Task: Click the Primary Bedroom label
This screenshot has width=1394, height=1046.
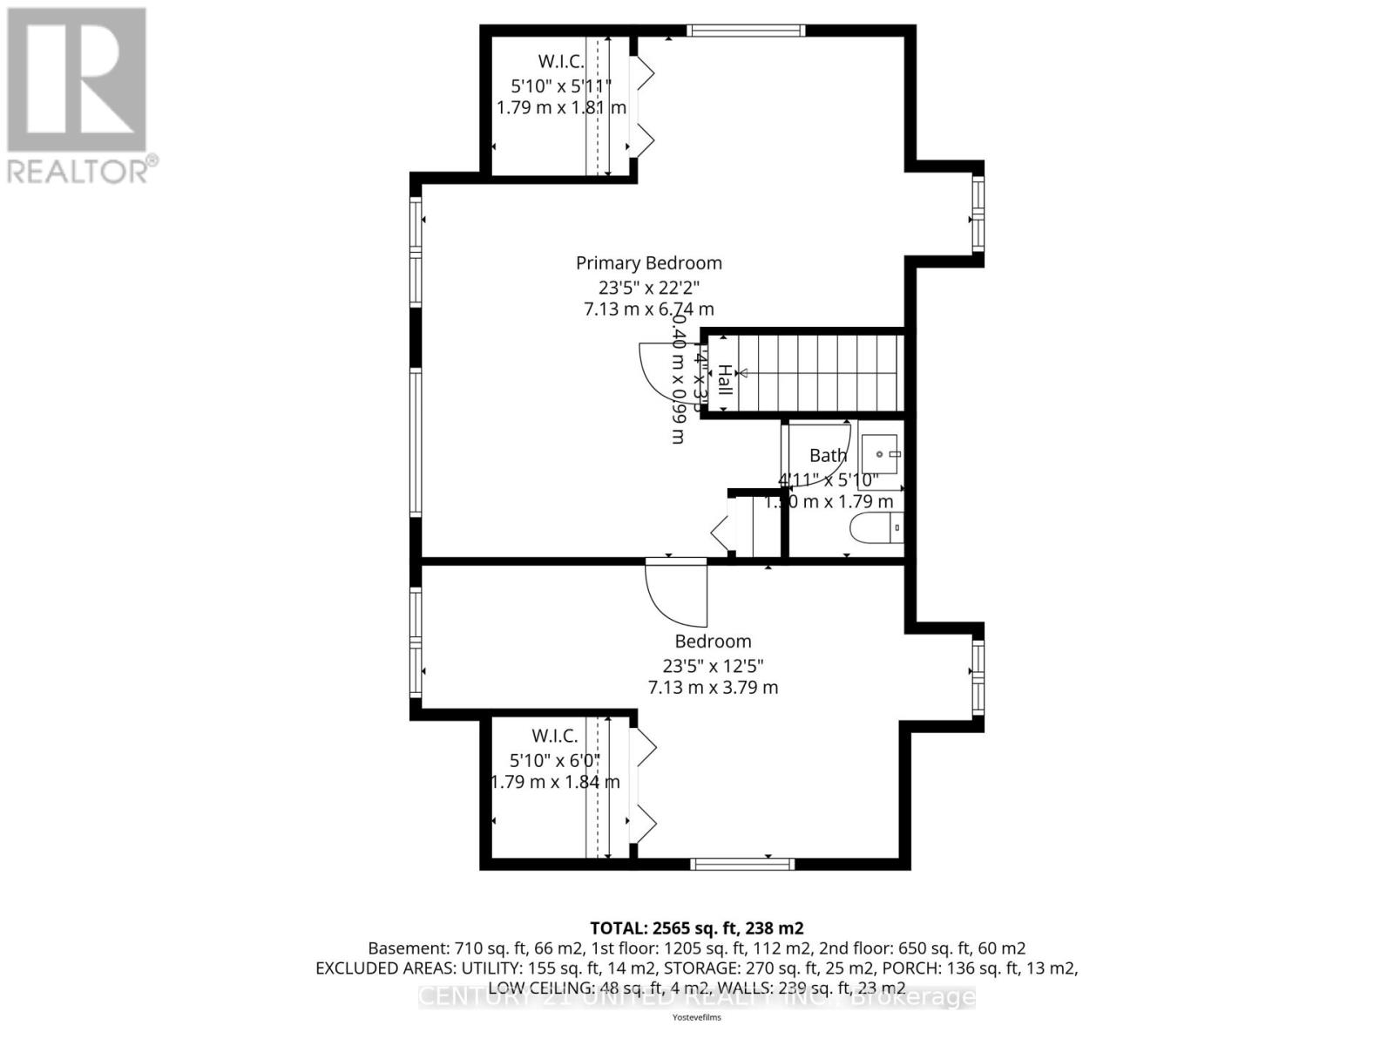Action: point(648,262)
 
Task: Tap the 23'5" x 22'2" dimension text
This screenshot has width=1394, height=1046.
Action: point(648,286)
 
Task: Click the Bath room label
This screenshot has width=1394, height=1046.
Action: point(828,455)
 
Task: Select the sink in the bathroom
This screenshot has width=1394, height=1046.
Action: point(881,454)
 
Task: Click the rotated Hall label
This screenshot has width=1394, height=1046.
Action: point(724,381)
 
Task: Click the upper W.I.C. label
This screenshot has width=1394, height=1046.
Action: point(560,61)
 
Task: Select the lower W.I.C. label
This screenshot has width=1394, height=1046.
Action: point(555,736)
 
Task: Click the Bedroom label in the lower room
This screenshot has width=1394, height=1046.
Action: point(713,642)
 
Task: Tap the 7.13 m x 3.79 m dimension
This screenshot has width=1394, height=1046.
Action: point(713,687)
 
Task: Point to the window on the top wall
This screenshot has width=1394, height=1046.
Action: point(745,31)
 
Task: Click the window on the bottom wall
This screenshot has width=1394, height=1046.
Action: point(742,864)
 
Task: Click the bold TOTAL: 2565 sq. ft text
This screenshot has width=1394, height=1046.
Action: point(696,927)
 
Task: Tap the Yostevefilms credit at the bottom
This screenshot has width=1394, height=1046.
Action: point(696,1017)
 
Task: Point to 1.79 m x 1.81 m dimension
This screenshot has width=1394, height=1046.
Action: point(561,108)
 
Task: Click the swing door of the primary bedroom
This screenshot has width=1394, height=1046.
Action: point(667,370)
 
